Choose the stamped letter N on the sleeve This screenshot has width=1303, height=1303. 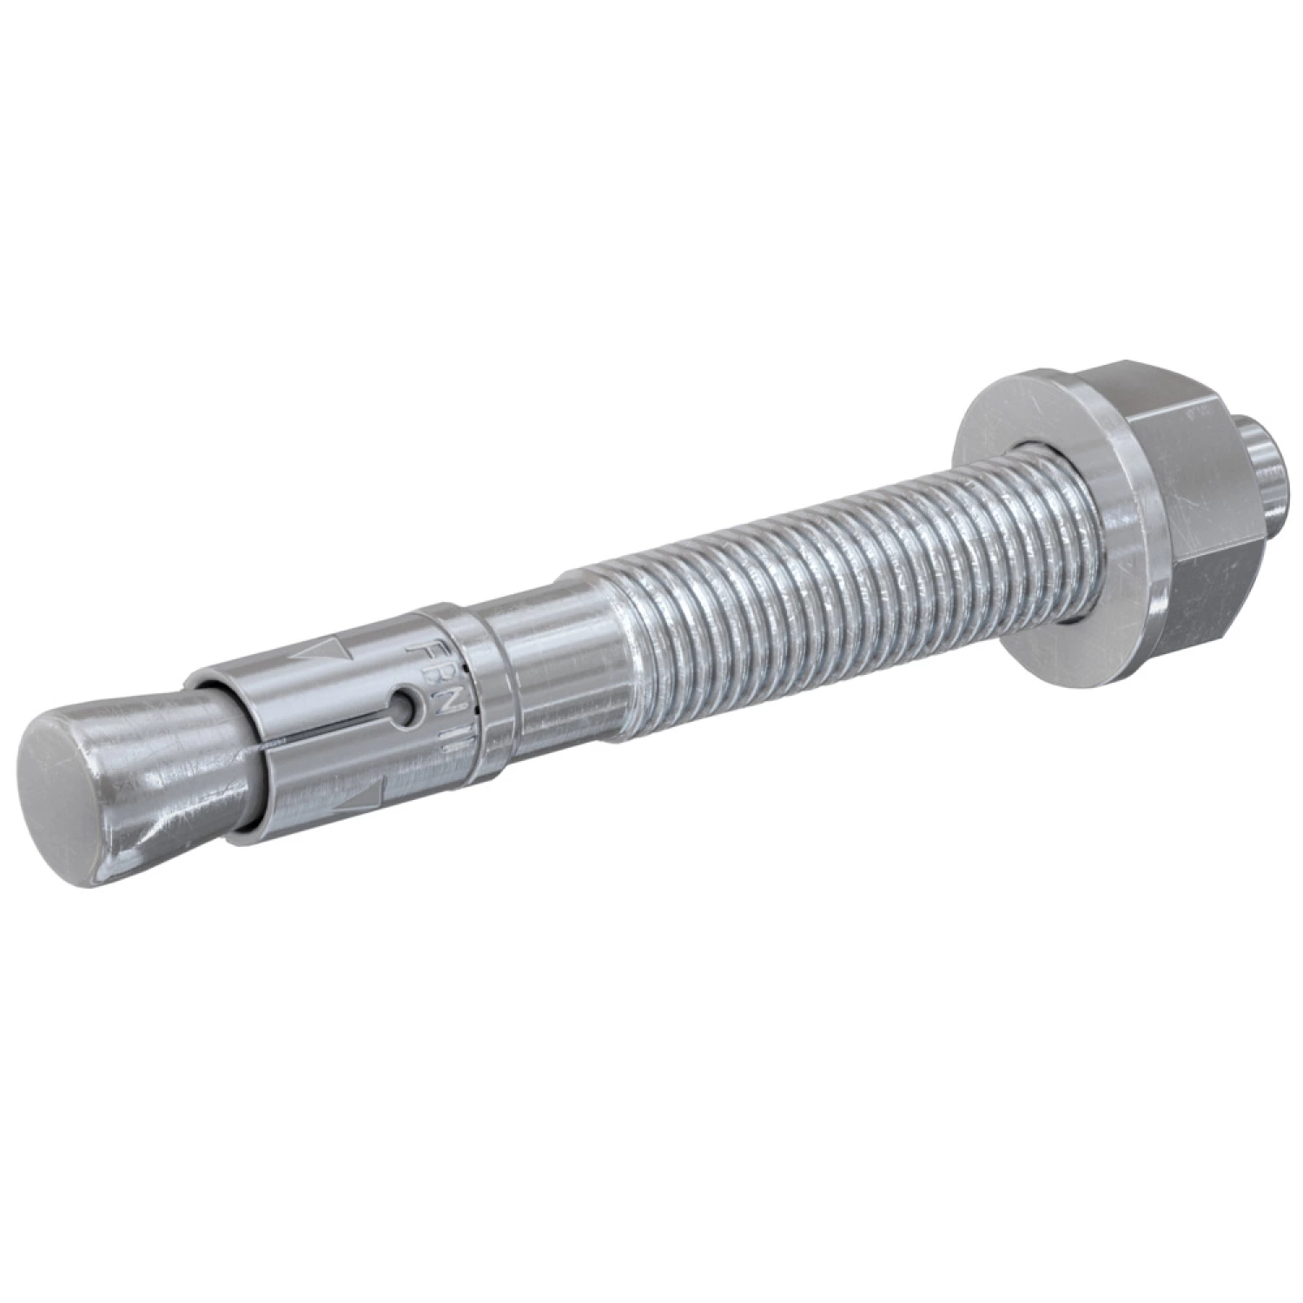tap(440, 708)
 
